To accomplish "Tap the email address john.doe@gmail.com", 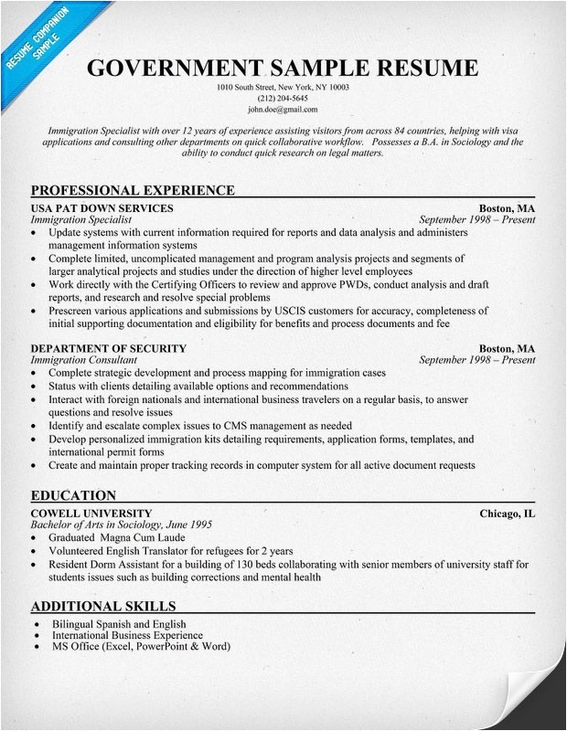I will pos(283,109).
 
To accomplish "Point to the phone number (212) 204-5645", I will pos(283,98).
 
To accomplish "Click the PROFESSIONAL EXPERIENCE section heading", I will pos(133,190).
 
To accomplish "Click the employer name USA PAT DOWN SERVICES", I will pos(102,208).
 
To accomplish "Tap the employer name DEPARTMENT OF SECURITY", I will pos(108,348).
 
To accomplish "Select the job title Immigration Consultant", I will pos(84,360).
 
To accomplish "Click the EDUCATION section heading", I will pos(73,495).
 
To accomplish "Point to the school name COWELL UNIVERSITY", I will pos(91,513).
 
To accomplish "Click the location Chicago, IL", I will pos(508,513).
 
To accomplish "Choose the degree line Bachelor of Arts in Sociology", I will pos(121,524).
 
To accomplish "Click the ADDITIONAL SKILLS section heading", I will pos(103,606).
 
